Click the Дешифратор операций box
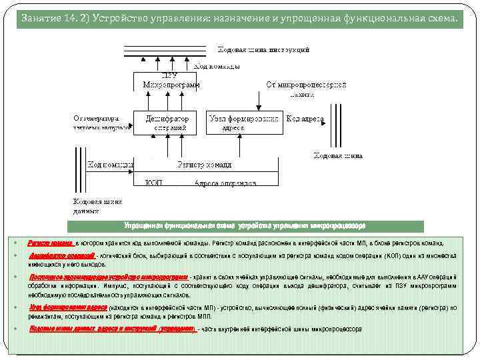click(x=167, y=123)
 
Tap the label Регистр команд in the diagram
click(x=205, y=164)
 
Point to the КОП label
click(x=154, y=182)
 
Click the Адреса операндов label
click(x=225, y=182)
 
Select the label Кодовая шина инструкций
click(x=263, y=49)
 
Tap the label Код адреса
click(x=305, y=119)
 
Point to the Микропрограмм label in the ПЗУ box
click(x=171, y=85)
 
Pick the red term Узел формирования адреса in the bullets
click(x=68, y=307)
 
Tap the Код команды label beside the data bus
click(x=111, y=164)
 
